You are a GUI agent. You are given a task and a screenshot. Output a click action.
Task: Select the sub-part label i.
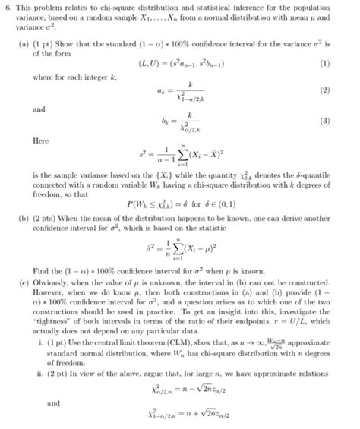(39, 341)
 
